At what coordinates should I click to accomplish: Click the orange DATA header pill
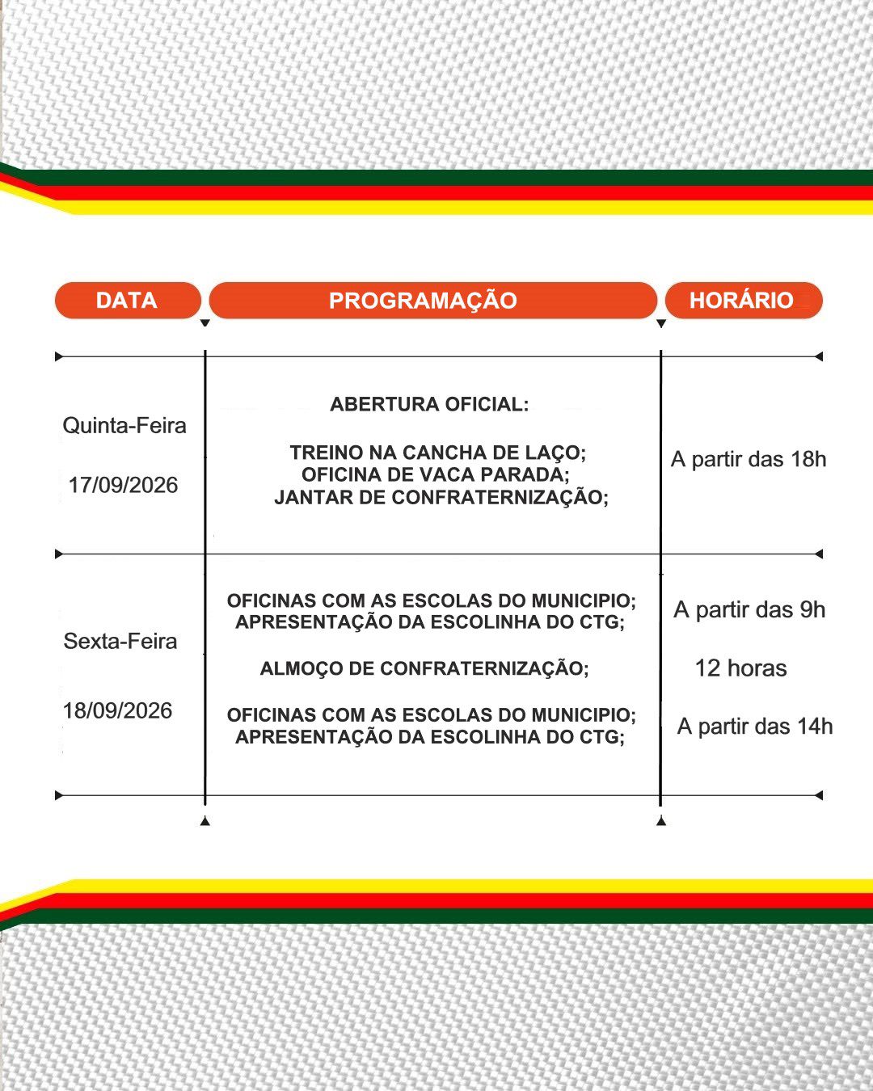[128, 300]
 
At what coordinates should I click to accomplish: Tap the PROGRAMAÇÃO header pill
[432, 300]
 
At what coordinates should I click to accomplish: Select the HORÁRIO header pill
[743, 300]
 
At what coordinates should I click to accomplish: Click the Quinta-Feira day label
[124, 426]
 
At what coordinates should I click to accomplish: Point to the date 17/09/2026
[123, 485]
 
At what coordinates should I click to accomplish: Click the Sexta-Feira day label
[120, 642]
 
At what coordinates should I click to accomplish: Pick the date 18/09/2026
[118, 711]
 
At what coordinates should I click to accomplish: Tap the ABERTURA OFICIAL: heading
[429, 405]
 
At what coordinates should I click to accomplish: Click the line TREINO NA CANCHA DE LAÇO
[438, 453]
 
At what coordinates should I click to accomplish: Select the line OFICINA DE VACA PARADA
[435, 475]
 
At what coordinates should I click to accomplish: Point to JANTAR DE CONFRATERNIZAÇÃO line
[441, 497]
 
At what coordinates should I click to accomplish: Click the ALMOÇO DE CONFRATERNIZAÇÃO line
[424, 668]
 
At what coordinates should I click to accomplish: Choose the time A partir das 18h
[749, 459]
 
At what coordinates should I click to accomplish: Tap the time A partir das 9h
[749, 610]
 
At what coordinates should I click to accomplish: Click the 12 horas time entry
[740, 668]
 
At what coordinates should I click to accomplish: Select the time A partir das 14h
[755, 727]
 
